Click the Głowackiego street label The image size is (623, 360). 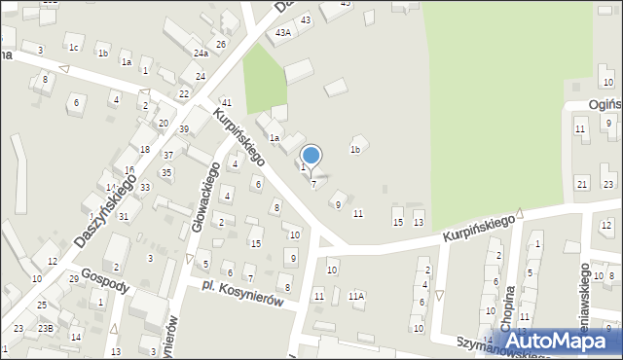[x=212, y=182]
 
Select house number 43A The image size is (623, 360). [x=283, y=32]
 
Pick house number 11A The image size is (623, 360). [x=355, y=295]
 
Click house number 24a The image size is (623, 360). [x=201, y=54]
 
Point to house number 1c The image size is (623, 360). [x=73, y=47]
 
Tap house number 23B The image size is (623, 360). [x=45, y=328]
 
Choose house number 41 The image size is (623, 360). [x=226, y=102]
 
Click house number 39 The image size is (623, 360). [x=183, y=129]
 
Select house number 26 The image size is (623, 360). [x=221, y=44]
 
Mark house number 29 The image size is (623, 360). [x=74, y=279]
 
